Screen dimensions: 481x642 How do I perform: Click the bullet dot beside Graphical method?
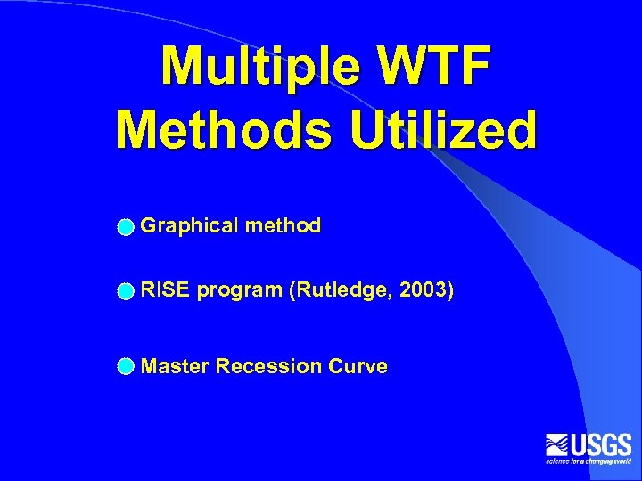(127, 227)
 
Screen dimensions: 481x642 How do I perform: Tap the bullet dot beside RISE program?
(127, 291)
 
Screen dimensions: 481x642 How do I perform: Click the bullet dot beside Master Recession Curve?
(127, 367)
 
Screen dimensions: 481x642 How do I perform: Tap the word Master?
(176, 366)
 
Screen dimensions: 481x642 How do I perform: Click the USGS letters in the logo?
(601, 444)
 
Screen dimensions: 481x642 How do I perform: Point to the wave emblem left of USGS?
(557, 444)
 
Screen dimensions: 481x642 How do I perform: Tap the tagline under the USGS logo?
(588, 461)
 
